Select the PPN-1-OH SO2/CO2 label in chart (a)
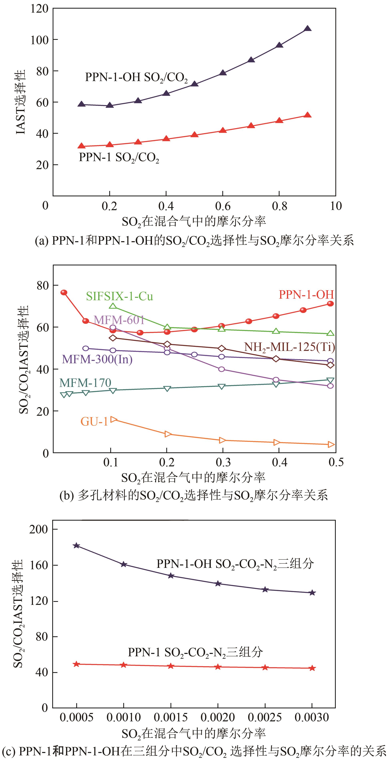coord(136,78)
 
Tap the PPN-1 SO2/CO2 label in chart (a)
coord(119,158)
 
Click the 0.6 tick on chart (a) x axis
coord(223,206)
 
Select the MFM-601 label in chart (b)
coord(119,320)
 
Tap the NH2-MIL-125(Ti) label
coord(289,347)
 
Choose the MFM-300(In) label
coord(97,359)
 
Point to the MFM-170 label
coord(85,383)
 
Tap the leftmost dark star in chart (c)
coord(76,546)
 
